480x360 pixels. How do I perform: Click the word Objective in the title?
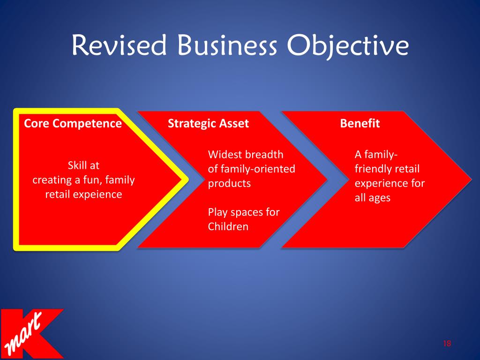[347, 47]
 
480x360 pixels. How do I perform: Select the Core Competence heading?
[73, 124]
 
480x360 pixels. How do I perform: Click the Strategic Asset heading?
[208, 124]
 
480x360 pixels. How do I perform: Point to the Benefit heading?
[360, 124]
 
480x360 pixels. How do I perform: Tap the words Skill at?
[83, 165]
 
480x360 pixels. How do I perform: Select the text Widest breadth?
[246, 155]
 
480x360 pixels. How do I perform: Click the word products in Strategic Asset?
[229, 184]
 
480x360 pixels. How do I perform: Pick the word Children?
[228, 227]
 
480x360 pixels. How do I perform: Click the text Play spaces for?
[243, 212]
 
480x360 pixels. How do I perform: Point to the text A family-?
[376, 155]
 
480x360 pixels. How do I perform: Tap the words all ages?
[373, 198]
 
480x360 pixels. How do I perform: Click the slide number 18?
[446, 344]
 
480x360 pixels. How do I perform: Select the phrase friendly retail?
[387, 169]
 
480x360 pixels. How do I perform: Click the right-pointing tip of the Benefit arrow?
[469, 180]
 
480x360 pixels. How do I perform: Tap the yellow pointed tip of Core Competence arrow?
[184, 180]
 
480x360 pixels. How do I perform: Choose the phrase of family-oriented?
[251, 169]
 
